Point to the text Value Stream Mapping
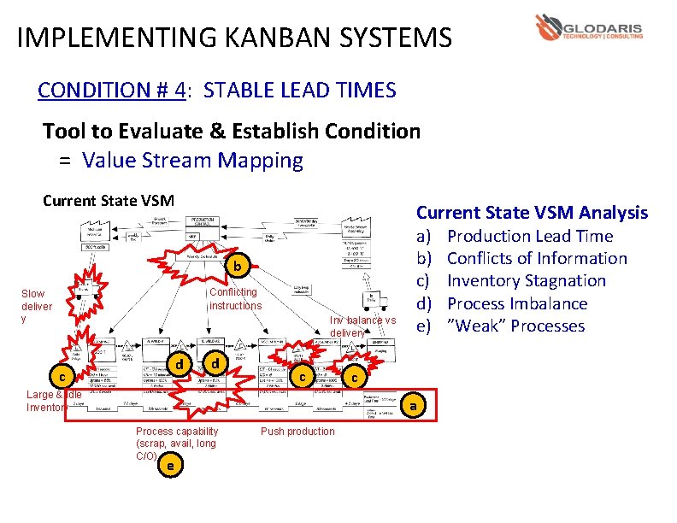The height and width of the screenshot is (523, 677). coord(192,160)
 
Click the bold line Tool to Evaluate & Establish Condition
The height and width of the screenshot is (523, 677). coord(232,131)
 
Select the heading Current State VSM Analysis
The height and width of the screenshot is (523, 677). coord(532,213)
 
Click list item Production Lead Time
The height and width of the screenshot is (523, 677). coord(530,236)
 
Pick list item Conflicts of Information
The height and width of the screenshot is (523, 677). coord(537,258)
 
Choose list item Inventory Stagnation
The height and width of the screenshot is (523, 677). coord(527,280)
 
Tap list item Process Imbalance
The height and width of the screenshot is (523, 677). coord(517,303)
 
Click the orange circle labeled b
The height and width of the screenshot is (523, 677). coord(238,267)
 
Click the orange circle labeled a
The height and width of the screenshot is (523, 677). coord(413,406)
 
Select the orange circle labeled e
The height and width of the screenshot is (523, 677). coord(172,466)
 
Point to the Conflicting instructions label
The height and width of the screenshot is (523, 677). coord(235,299)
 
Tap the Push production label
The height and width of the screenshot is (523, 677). coord(297,432)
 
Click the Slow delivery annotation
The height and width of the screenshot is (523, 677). coord(37,306)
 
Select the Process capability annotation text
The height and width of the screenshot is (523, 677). coord(176,443)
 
